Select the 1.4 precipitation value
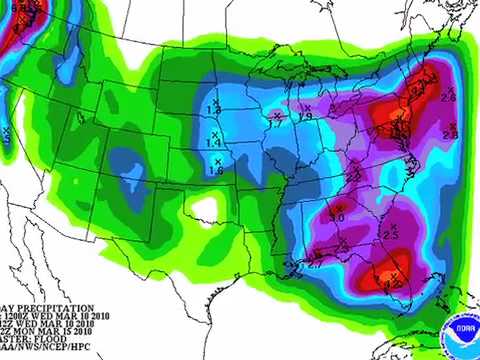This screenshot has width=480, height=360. click(213, 144)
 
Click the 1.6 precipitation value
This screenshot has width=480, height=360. click(215, 171)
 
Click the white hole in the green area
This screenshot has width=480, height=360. click(205, 209)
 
